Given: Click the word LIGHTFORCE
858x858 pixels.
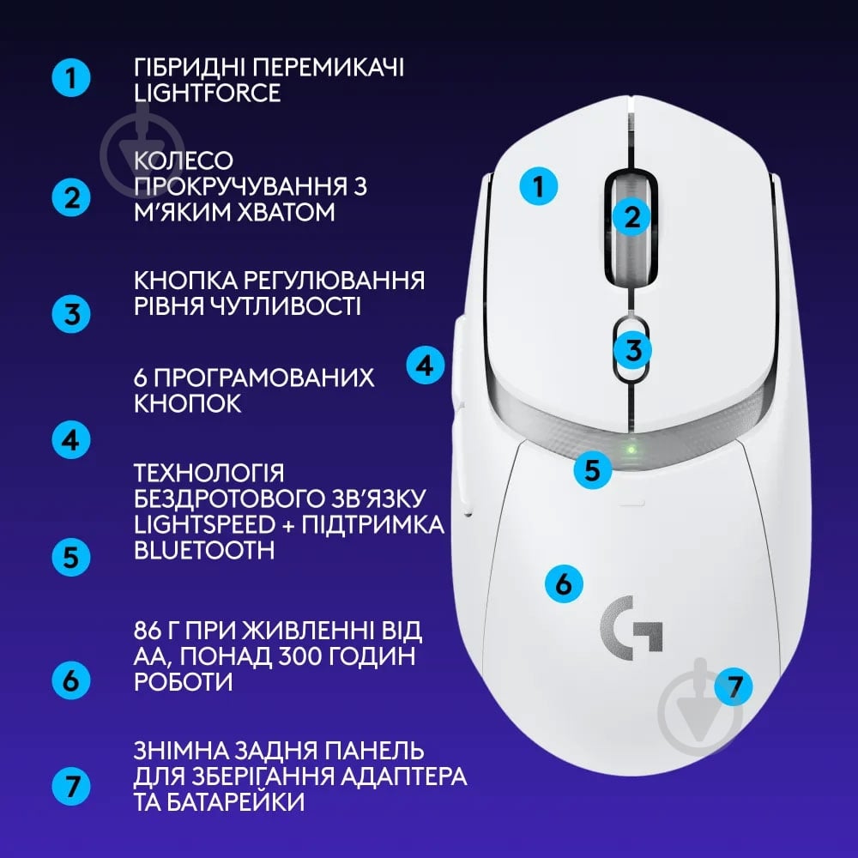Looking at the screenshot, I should [208, 93].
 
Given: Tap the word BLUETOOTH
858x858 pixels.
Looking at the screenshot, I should [204, 550].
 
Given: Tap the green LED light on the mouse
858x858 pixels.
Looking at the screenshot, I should [631, 449].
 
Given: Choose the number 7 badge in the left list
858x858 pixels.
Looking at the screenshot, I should [70, 784].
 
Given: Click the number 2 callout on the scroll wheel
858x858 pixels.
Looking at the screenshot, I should [632, 216].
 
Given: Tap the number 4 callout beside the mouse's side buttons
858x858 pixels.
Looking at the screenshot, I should [425, 366].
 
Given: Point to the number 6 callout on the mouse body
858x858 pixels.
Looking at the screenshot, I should [564, 583].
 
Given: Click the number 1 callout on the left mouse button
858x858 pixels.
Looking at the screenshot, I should [539, 186].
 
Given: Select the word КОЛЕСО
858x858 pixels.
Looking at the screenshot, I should [184, 161].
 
